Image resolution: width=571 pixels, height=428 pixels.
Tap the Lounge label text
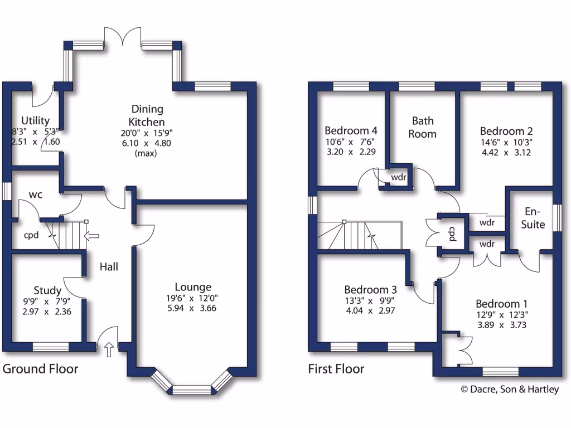193,287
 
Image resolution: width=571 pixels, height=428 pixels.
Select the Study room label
47,290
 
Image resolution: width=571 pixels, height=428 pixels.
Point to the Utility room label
36,120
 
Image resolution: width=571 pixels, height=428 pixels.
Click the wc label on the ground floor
36,194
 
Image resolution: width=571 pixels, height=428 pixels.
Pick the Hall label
109,267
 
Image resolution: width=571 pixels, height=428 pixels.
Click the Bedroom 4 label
351,130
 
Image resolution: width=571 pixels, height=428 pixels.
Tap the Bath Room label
423,127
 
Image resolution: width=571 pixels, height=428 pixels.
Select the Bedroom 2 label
506,131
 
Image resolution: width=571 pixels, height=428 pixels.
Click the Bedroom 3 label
370,290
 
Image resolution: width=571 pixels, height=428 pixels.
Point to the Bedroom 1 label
501,304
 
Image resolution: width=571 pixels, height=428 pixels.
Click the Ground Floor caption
41,369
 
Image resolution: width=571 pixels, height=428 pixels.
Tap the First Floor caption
336,369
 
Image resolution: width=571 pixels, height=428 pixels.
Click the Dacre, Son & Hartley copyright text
509,390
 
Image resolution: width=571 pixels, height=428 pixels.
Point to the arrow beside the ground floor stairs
89,236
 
